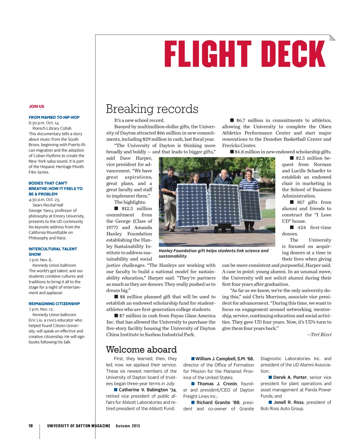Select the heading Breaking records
click(x=152, y=109)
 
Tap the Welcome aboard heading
click(x=141, y=349)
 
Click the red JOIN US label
click(x=37, y=106)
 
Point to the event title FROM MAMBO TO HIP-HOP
click(x=54, y=117)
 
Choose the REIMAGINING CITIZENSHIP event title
click(x=54, y=304)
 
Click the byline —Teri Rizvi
click(x=319, y=335)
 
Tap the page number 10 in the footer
click(x=31, y=426)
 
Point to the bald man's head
click(x=224, y=173)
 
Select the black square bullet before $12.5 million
click(x=116, y=209)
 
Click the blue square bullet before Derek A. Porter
click(x=270, y=377)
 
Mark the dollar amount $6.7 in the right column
click(x=241, y=120)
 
